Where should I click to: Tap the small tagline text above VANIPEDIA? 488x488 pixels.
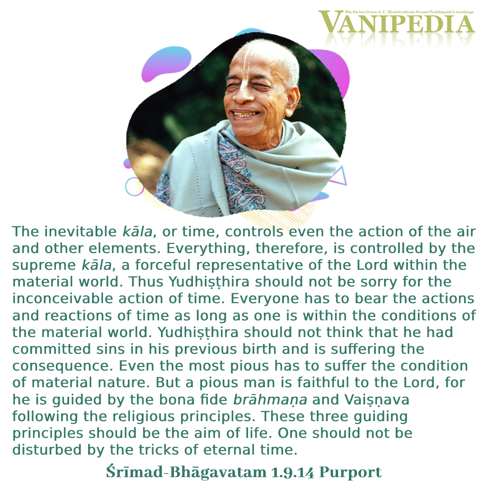click(x=409, y=12)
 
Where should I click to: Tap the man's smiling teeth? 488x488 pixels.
click(x=245, y=114)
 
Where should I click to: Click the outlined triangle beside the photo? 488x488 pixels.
click(x=338, y=176)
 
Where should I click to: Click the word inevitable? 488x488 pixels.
click(x=80, y=231)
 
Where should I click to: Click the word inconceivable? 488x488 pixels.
click(x=62, y=299)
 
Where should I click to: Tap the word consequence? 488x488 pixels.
click(x=62, y=366)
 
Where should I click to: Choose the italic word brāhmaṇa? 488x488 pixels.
click(x=270, y=400)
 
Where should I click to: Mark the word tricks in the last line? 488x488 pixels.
click(x=159, y=450)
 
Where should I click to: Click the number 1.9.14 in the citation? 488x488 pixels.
click(x=292, y=472)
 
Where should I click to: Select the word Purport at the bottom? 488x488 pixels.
click(x=351, y=473)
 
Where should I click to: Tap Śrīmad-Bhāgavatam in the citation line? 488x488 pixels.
click(x=186, y=472)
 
